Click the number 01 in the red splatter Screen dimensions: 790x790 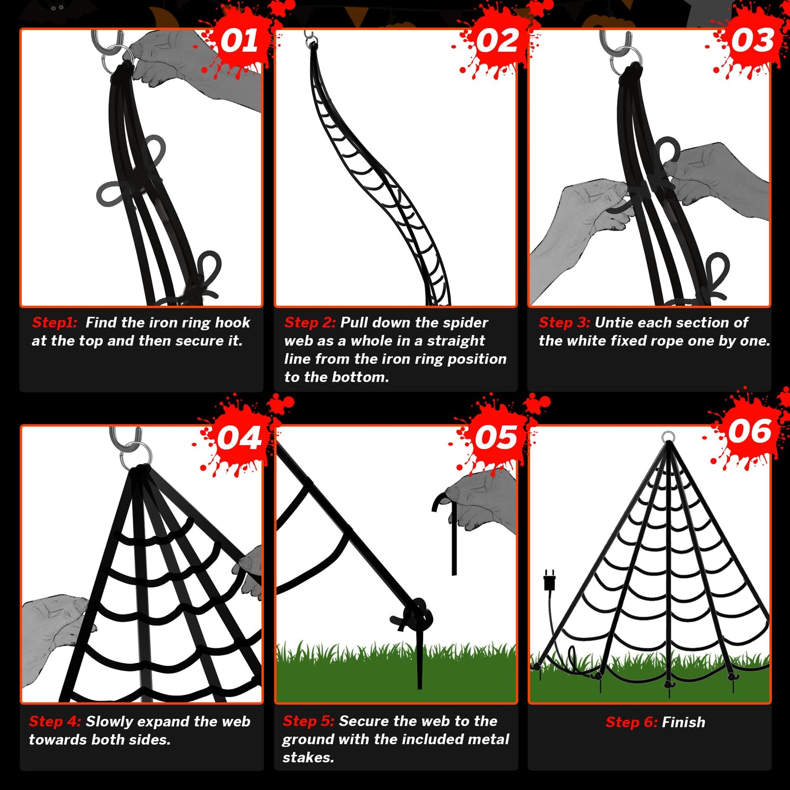pyautogui.click(x=239, y=40)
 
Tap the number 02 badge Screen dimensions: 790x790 pyautogui.click(x=497, y=40)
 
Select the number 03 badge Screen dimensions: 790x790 pyautogui.click(x=753, y=40)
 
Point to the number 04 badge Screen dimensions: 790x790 pyautogui.click(x=239, y=437)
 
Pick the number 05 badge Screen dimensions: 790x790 pyautogui.click(x=496, y=437)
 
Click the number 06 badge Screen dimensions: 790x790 pyautogui.click(x=750, y=431)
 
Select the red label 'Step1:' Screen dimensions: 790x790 pyautogui.click(x=54, y=323)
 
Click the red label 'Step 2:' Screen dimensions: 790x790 pyautogui.click(x=309, y=323)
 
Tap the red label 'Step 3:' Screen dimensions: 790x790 pyautogui.click(x=564, y=323)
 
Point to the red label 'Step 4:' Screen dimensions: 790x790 pyautogui.click(x=55, y=721)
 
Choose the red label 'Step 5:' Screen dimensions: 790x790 pyautogui.click(x=308, y=721)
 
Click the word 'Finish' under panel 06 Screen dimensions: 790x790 pyautogui.click(x=683, y=722)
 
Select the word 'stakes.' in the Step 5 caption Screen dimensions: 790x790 pyautogui.click(x=308, y=757)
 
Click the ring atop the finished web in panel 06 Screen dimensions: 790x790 pyautogui.click(x=668, y=437)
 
